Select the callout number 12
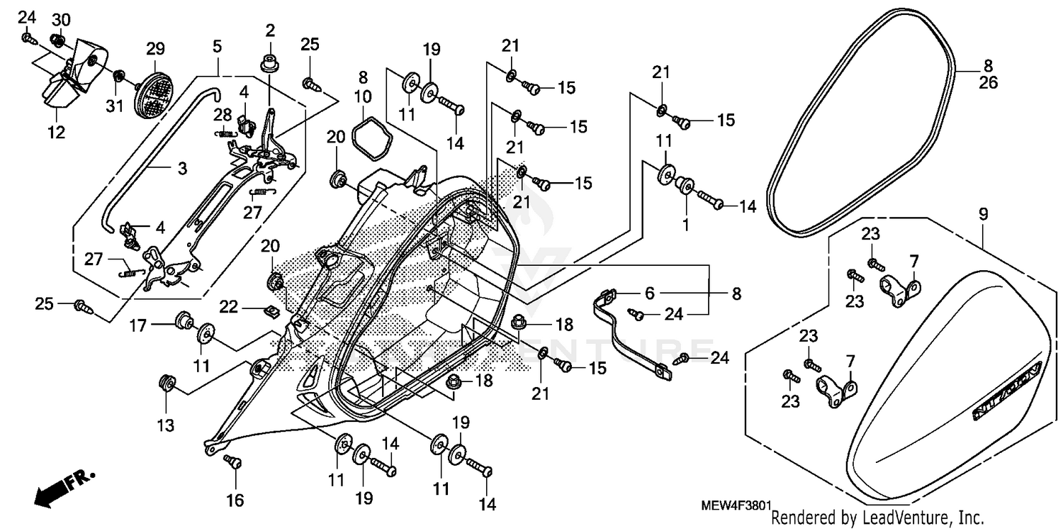tap(56, 132)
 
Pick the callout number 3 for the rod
tap(182, 169)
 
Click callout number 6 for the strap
tap(649, 292)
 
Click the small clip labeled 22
tap(271, 310)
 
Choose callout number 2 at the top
tap(270, 30)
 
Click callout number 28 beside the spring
tap(223, 115)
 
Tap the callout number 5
tap(217, 47)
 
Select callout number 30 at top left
tap(62, 18)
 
